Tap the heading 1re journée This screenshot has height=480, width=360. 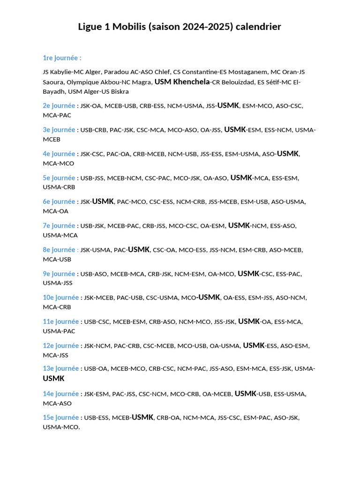click(62, 58)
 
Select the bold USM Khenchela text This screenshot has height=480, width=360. click(182, 82)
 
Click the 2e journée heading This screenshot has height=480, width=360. click(59, 105)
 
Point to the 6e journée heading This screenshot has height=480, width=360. click(59, 202)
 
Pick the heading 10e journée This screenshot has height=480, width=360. click(60, 297)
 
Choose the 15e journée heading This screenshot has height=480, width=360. click(60, 417)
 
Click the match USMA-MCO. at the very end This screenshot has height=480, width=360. click(61, 427)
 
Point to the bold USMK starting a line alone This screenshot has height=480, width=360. click(53, 378)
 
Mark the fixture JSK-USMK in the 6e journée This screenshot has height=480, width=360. click(97, 202)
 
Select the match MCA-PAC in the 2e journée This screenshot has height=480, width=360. click(57, 115)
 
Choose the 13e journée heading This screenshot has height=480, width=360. click(60, 368)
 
